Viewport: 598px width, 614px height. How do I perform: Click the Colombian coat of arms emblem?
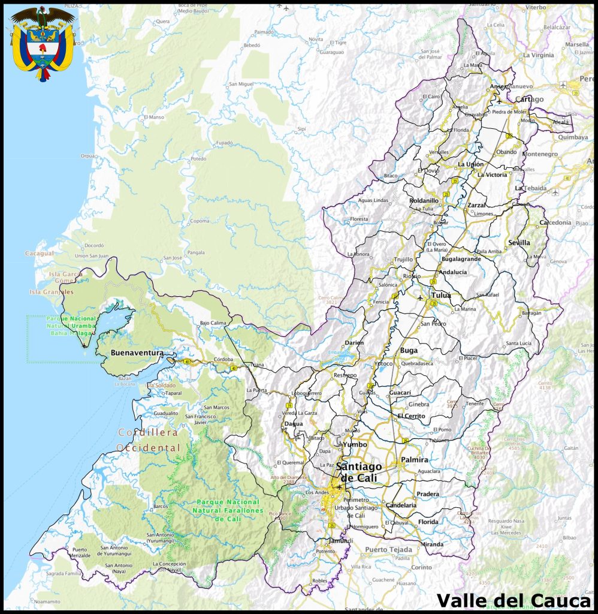point(43,43)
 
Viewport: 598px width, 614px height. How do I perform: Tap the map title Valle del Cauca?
point(514,600)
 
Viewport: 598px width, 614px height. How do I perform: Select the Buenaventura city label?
point(137,353)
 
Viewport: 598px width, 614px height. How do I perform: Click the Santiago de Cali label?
point(359,472)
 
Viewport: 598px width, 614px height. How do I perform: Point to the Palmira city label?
point(415,460)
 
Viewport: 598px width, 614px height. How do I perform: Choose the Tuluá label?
point(440,296)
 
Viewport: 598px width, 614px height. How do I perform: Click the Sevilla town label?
point(519,243)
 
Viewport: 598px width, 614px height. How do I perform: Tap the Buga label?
point(409,350)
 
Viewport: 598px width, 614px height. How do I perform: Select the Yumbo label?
point(354,445)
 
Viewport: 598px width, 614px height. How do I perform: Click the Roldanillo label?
point(424,200)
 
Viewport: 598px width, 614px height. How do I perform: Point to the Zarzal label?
point(477,205)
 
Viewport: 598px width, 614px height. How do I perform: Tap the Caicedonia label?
point(555,222)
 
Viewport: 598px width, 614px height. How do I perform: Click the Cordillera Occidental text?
point(148,440)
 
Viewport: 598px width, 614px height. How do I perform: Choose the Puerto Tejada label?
point(388,549)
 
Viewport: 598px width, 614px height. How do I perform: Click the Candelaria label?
point(401,505)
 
